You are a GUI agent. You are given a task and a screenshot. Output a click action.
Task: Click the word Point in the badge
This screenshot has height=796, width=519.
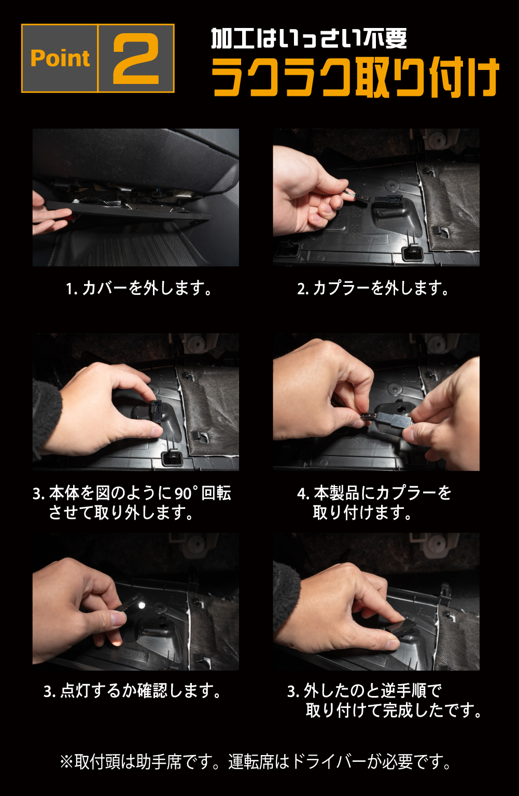click(x=60, y=58)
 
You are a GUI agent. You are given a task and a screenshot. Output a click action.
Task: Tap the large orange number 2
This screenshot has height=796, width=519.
click(x=136, y=59)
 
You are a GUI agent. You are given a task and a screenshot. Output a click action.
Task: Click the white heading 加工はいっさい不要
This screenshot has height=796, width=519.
click(x=309, y=38)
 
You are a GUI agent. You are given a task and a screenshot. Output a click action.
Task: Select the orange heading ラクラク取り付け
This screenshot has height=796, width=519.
click(x=356, y=77)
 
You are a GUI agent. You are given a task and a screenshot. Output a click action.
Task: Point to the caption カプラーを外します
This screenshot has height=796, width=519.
click(x=381, y=288)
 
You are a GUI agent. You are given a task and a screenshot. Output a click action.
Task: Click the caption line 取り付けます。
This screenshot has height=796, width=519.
click(x=362, y=513)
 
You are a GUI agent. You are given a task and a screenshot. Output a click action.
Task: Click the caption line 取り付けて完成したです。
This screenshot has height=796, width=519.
click(x=394, y=710)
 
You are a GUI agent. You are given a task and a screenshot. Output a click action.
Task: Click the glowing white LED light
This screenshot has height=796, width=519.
click(x=142, y=605)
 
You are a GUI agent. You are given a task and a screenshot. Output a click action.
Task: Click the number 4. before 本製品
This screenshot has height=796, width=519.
click(x=303, y=493)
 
